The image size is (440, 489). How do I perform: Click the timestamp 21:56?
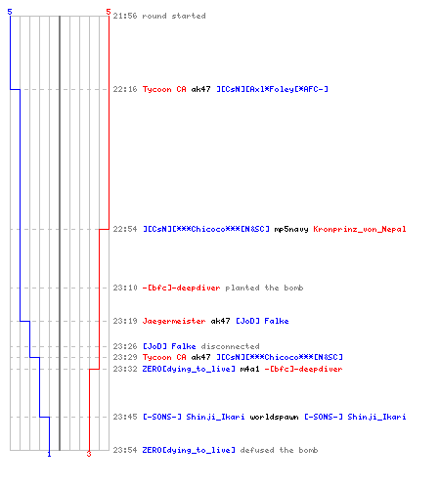tap(125, 16)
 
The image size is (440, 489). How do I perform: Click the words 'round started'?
tap(174, 16)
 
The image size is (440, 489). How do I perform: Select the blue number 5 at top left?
tap(10, 12)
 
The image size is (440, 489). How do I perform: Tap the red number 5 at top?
tap(109, 12)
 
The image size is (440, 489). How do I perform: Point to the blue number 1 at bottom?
tap(49, 454)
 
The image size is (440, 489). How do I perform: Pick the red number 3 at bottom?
tap(89, 454)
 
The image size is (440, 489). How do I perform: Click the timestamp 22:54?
tap(125, 229)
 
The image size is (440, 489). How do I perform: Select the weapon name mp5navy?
tap(291, 230)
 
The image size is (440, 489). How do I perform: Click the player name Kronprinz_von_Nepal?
tap(360, 230)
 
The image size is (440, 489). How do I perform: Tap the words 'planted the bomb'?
tap(264, 288)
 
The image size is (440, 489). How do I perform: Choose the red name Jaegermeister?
tap(174, 322)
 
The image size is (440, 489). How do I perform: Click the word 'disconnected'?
tap(230, 346)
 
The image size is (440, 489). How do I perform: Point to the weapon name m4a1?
tap(249, 369)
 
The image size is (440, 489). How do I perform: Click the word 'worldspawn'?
tap(274, 417)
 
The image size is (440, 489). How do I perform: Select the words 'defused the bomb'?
tap(279, 450)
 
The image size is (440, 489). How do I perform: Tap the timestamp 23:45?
tap(125, 417)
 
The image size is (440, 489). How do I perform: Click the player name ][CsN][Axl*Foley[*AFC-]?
tap(272, 89)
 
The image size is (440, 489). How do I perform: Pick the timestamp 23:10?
tap(125, 288)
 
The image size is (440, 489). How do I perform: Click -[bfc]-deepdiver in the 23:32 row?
tap(303, 369)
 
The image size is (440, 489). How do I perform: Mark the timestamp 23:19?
tap(125, 321)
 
